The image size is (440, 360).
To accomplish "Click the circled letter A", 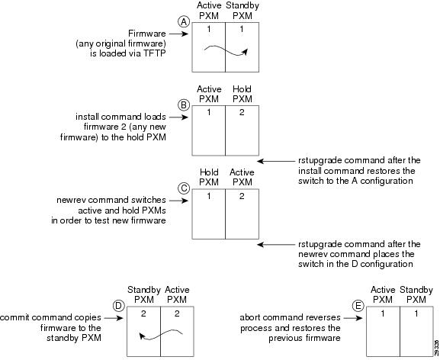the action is click(x=184, y=21).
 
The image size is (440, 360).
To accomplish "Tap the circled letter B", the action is click(x=184, y=105).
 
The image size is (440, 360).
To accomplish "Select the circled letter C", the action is click(x=184, y=188).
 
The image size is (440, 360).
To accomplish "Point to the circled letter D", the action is click(x=118, y=306).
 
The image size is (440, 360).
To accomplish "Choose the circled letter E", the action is click(x=358, y=306).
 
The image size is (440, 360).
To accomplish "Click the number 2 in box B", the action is click(x=242, y=113).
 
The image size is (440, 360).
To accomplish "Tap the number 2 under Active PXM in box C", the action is click(x=242, y=196).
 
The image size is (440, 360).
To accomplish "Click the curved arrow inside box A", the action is click(x=226, y=51).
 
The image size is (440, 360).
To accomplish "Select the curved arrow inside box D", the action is click(x=161, y=334).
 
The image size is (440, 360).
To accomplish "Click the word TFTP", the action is click(x=154, y=53).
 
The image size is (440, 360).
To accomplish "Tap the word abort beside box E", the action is click(x=250, y=317).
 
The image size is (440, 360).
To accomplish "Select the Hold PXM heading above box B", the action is click(x=242, y=94).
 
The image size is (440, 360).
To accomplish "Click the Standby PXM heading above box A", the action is click(x=242, y=11).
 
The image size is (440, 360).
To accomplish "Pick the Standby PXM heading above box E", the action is click(x=416, y=294).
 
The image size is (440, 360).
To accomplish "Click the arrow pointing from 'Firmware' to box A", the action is click(x=178, y=34).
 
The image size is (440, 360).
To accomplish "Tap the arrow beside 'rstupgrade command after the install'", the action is click(x=276, y=161).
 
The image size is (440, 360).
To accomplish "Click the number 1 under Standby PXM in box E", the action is click(x=416, y=313).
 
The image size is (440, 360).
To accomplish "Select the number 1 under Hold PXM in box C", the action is click(x=209, y=196).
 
